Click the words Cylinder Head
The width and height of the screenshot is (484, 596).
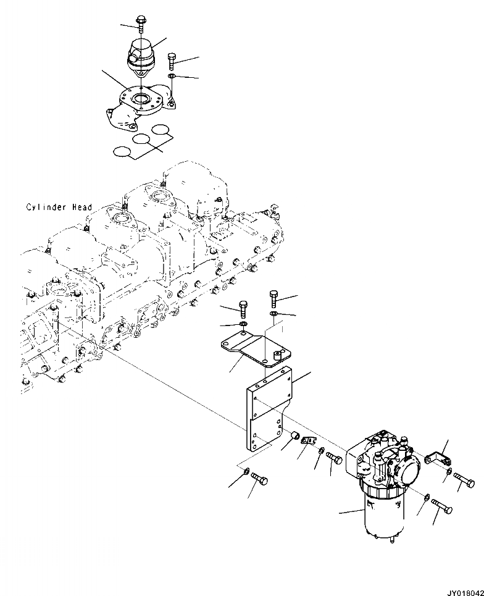59,208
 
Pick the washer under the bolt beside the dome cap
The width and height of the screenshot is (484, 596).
172,77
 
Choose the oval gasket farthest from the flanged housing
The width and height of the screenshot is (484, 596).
121,151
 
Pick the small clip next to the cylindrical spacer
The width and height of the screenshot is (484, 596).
308,440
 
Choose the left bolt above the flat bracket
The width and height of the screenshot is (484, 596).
243,307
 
